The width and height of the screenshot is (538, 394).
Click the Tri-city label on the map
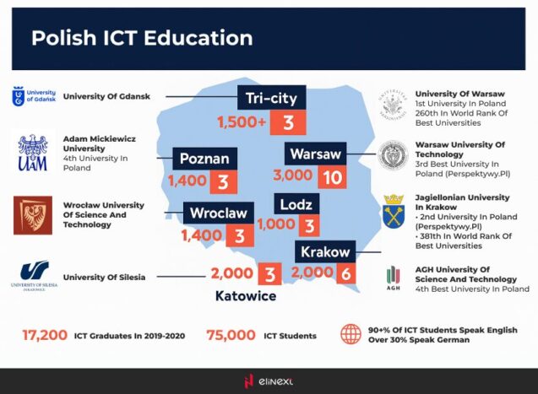[x=271, y=99]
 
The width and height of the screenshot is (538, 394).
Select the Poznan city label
[x=204, y=159]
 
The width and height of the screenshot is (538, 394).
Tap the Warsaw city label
[x=314, y=154]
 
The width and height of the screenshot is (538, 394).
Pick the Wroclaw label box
[x=218, y=213]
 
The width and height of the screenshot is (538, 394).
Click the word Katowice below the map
[x=246, y=296]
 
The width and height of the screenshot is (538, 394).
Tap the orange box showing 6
[x=346, y=273]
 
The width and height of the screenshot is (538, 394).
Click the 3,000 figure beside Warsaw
[x=292, y=178]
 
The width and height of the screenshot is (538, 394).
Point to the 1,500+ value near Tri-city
[x=242, y=122]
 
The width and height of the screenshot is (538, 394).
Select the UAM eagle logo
[x=33, y=154]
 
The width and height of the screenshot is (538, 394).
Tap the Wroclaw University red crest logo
[x=33, y=215]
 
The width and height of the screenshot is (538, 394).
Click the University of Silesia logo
[x=35, y=275]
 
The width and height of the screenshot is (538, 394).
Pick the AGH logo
[x=393, y=278]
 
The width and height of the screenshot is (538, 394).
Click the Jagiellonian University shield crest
[x=393, y=211]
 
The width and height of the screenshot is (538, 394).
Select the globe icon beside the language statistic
[x=351, y=334]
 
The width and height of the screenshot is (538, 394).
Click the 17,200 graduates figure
[x=45, y=335]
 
